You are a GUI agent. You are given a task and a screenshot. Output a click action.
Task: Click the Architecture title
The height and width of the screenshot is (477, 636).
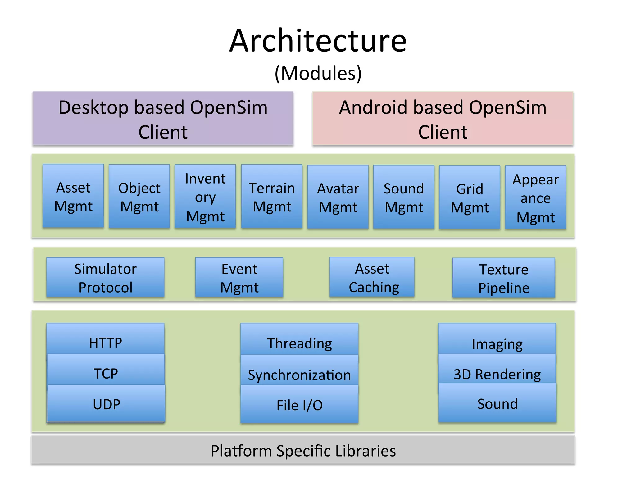pos(318,41)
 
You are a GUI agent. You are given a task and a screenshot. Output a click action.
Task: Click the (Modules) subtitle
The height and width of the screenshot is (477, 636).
pos(318,73)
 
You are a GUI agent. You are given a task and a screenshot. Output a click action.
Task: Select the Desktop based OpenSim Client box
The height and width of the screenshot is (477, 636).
pos(163,119)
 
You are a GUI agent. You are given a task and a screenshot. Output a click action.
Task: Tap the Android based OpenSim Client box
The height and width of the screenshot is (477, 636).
pos(443,119)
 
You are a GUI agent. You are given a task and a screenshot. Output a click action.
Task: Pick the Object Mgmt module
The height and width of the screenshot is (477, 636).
pos(139,197)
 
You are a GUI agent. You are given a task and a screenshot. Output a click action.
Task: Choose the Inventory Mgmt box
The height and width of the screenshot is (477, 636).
pos(205,197)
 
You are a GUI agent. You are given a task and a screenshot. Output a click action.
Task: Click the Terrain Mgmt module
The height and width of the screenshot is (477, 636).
pos(272,197)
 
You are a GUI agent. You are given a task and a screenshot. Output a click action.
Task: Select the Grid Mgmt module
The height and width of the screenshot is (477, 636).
pos(470,198)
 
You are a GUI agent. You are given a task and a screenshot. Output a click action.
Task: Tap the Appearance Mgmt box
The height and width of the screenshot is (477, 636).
pos(535,198)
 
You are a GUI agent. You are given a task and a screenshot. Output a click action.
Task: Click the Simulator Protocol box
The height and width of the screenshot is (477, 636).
pos(105,278)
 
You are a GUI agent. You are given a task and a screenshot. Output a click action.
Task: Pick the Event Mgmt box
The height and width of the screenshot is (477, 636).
pos(239,278)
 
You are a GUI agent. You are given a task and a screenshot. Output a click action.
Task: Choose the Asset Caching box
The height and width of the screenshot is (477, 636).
pos(372,277)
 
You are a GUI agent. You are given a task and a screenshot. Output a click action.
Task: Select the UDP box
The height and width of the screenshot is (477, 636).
pos(106,404)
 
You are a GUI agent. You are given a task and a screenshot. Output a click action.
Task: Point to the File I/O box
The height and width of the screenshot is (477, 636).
pos(299,405)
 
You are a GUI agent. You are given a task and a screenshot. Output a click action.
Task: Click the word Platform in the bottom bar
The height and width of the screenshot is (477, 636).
pos(241,451)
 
